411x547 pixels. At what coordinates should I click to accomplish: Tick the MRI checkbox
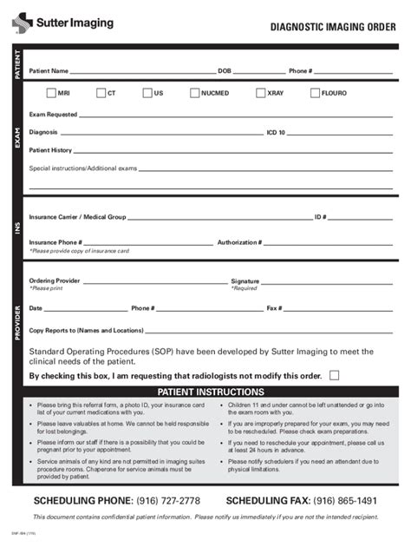[x=51, y=92]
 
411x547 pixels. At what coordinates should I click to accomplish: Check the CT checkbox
[x=101, y=92]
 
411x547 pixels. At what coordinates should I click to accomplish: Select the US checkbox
[x=147, y=92]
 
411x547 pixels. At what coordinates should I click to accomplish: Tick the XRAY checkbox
[x=260, y=92]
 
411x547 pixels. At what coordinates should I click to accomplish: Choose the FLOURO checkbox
[x=314, y=92]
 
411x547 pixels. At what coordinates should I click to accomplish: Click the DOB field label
[x=225, y=71]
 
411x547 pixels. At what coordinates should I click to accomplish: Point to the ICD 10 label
[x=276, y=133]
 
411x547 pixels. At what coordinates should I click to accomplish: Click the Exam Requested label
[x=53, y=115]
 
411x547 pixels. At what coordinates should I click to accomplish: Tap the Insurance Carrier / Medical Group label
[x=77, y=216]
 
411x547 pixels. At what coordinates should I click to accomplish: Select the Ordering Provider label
[x=55, y=281]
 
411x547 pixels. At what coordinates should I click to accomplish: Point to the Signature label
[x=245, y=281]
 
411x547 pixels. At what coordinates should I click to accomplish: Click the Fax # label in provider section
[x=275, y=308]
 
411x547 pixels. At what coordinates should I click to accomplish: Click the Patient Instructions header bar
[x=205, y=392]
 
